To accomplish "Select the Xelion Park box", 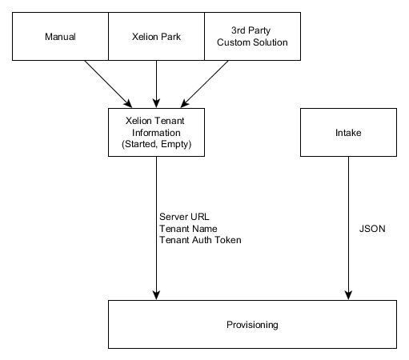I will (x=155, y=36).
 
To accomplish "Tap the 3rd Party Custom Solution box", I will (x=251, y=36).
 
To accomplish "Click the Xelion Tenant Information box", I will (x=155, y=132).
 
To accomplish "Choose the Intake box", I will (x=347, y=132).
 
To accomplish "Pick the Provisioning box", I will (x=251, y=324).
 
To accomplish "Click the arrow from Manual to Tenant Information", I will (x=104, y=82).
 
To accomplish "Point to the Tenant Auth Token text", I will (x=200, y=239).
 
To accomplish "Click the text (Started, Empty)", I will (x=155, y=144).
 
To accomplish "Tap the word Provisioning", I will (x=251, y=325).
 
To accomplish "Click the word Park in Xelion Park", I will (x=170, y=36).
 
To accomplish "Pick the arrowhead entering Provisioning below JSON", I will (x=347, y=295).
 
